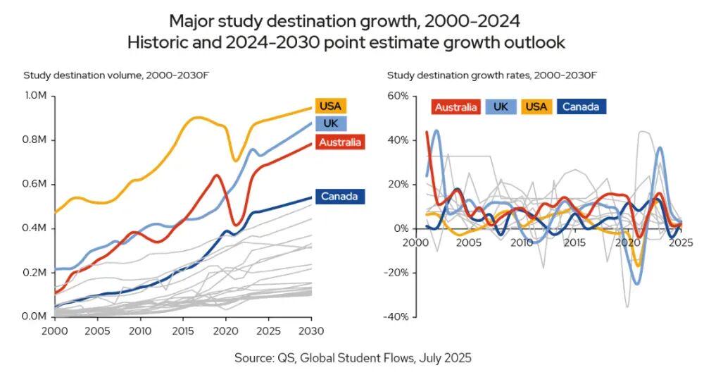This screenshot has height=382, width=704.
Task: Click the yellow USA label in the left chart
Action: [330, 106]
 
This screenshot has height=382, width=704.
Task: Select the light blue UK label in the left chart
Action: [329, 123]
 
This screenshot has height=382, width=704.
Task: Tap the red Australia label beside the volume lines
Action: [340, 142]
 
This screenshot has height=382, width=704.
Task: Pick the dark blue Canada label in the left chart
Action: [339, 196]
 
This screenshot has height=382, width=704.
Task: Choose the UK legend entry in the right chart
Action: [501, 107]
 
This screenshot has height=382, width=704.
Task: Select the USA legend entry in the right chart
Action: [536, 107]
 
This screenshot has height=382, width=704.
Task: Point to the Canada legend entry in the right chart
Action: [582, 107]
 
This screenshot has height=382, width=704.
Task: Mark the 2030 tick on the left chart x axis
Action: [310, 330]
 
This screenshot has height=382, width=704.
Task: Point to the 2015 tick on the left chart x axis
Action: [182, 330]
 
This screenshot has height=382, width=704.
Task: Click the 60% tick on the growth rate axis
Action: [397, 96]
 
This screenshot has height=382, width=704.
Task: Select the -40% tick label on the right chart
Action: [396, 316]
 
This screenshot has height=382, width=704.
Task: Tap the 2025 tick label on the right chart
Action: [681, 242]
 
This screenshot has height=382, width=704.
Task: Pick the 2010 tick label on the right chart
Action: [522, 242]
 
